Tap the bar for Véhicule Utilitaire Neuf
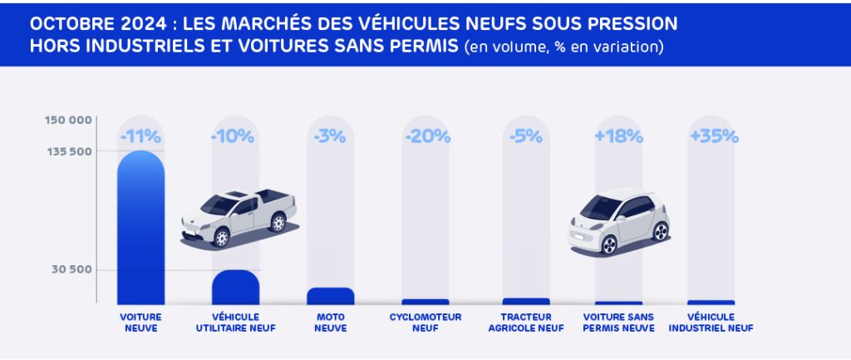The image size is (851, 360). tap(235, 288)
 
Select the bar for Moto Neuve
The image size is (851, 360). tap(330, 296)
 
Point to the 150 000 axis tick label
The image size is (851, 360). tap(68, 121)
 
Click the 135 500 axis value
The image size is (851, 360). tap(68, 151)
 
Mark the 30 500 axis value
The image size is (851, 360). tap(72, 270)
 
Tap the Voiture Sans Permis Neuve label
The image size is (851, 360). tap(618, 322)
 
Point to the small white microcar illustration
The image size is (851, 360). tap(618, 221)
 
